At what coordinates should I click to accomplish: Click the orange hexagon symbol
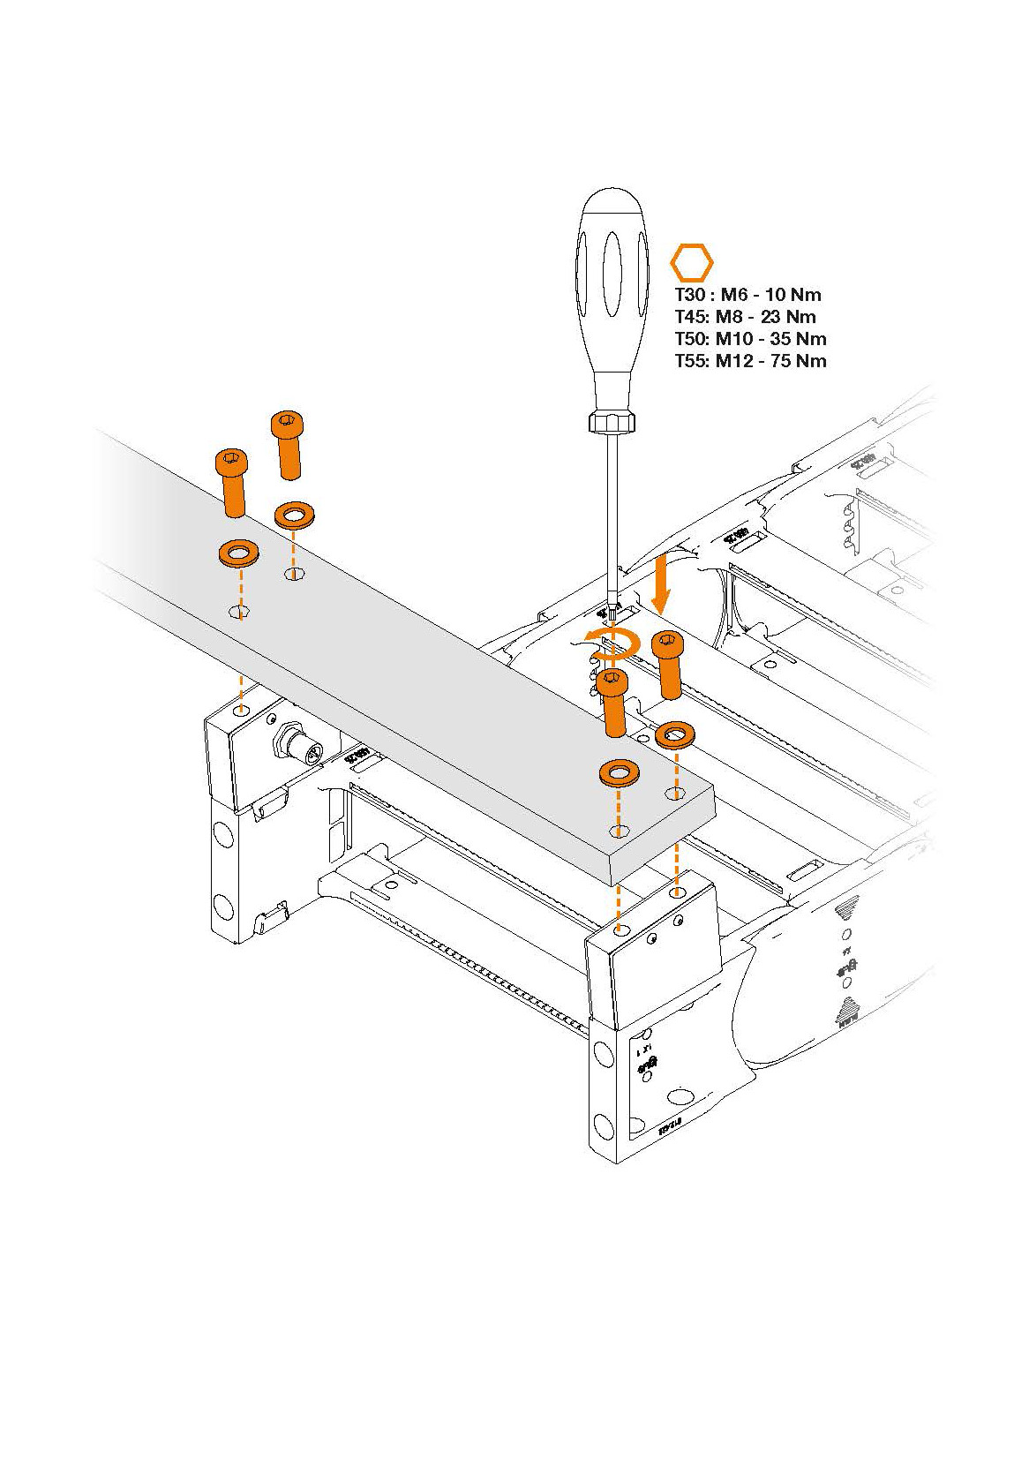(x=691, y=263)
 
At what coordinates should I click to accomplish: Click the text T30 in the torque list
(x=689, y=296)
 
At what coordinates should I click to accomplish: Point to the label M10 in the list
(x=734, y=340)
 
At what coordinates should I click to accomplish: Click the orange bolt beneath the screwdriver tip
(x=613, y=702)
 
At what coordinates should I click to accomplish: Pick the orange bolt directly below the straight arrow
(x=668, y=664)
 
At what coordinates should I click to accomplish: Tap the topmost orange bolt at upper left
(x=287, y=443)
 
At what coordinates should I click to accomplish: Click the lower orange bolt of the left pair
(x=232, y=482)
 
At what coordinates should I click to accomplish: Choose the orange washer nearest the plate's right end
(x=620, y=774)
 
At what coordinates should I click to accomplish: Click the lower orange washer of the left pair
(x=238, y=554)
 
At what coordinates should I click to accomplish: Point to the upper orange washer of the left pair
(x=294, y=515)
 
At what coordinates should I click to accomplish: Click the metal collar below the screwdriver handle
(x=612, y=420)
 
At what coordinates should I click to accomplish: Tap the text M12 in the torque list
(x=736, y=361)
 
